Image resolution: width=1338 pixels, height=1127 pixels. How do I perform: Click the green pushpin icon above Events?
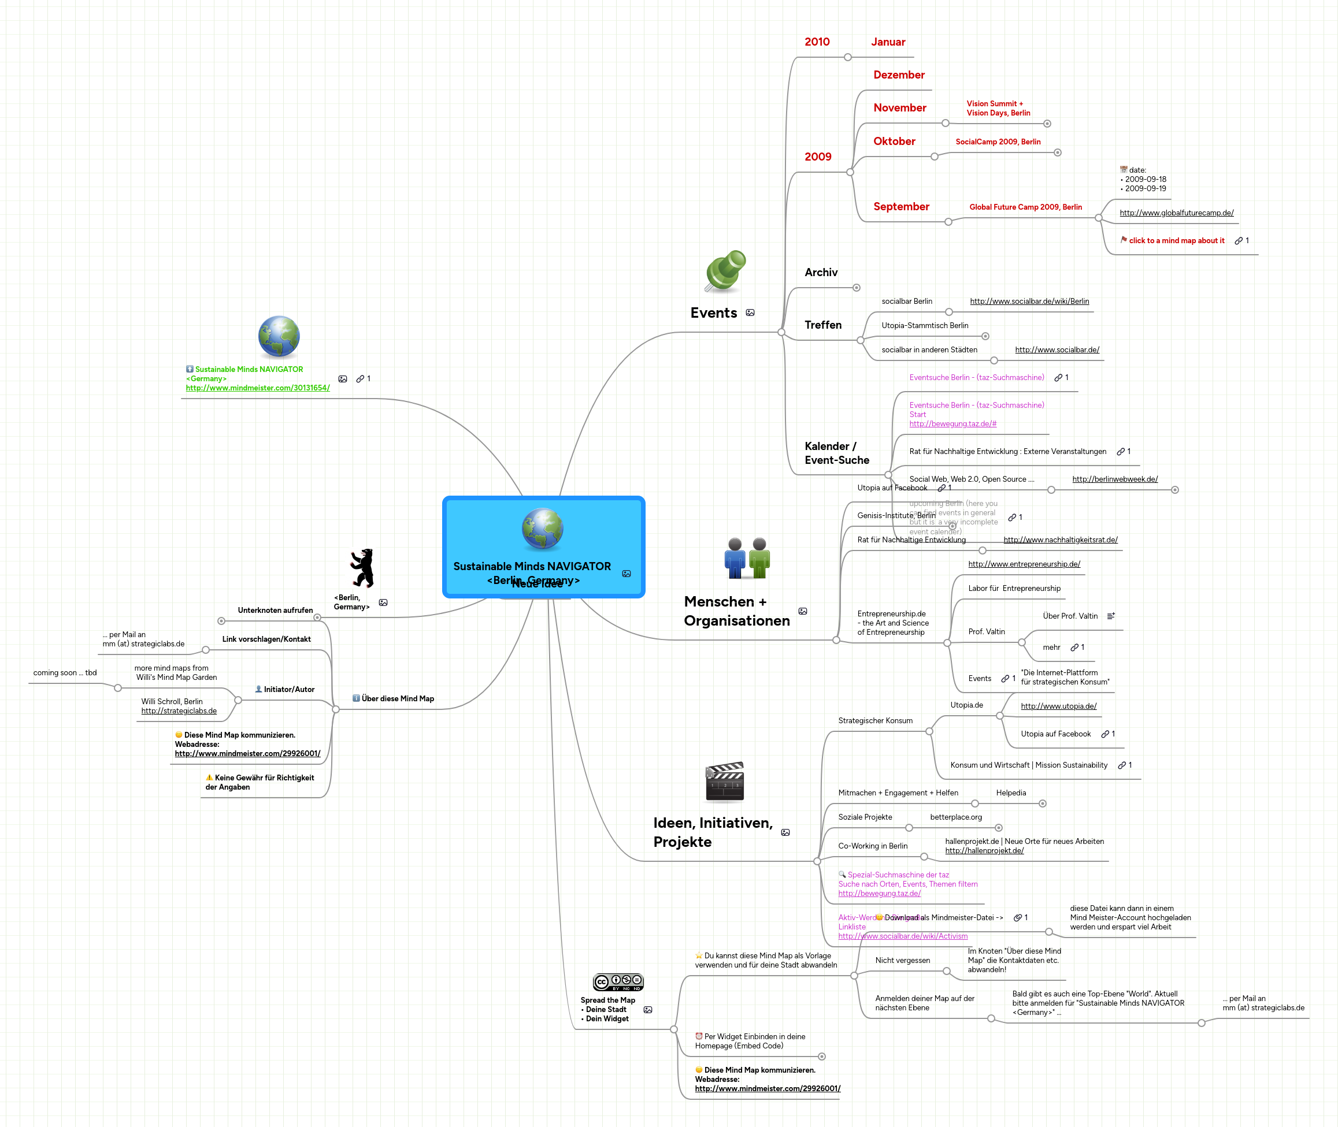coord(725,270)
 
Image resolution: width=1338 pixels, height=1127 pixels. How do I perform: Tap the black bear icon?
coord(362,567)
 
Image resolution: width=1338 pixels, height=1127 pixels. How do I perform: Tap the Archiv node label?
coord(820,273)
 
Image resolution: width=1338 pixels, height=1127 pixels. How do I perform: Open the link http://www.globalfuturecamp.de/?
coord(1176,213)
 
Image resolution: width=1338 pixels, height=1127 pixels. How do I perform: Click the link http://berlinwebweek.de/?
coord(1114,479)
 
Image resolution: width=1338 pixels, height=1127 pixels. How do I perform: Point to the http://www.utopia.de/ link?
coord(1058,706)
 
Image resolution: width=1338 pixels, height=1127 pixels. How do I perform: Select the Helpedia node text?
coord(1010,793)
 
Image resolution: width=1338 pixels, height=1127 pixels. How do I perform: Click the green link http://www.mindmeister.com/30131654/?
coord(258,388)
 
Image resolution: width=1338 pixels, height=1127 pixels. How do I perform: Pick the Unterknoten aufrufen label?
coord(275,610)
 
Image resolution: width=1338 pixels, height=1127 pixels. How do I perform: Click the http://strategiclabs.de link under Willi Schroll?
coord(179,711)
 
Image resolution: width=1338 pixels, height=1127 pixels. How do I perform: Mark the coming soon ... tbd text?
coord(65,673)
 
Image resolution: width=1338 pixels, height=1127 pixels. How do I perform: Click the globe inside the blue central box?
coord(542,529)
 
